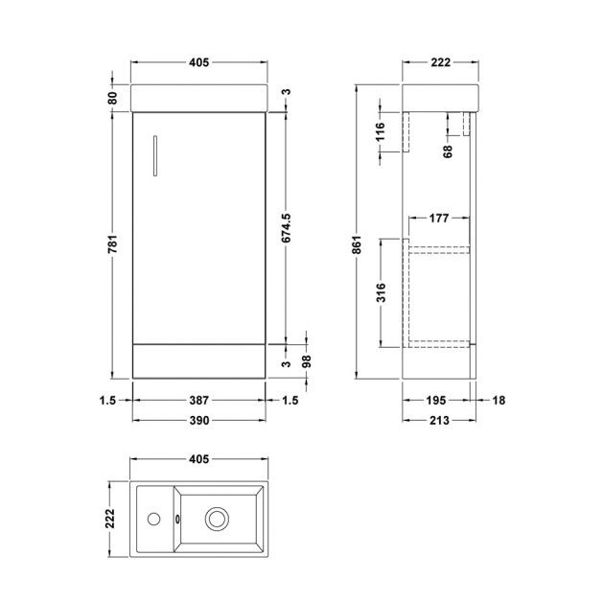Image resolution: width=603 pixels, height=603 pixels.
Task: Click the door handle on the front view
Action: click(155, 155)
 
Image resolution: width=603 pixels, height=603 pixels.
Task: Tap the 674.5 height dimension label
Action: click(287, 227)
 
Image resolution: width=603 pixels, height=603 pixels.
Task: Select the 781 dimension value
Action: click(112, 244)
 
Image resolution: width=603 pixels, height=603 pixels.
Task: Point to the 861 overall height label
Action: click(357, 244)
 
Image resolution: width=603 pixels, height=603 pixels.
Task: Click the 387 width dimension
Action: click(198, 401)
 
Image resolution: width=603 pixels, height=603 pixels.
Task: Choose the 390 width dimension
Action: click(198, 420)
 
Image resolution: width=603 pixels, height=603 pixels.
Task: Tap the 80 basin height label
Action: click(112, 98)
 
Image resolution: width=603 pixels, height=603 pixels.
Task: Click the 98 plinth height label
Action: click(307, 361)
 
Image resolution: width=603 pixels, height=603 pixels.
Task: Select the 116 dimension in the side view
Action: click(380, 131)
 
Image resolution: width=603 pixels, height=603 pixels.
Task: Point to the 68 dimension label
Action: click(448, 151)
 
